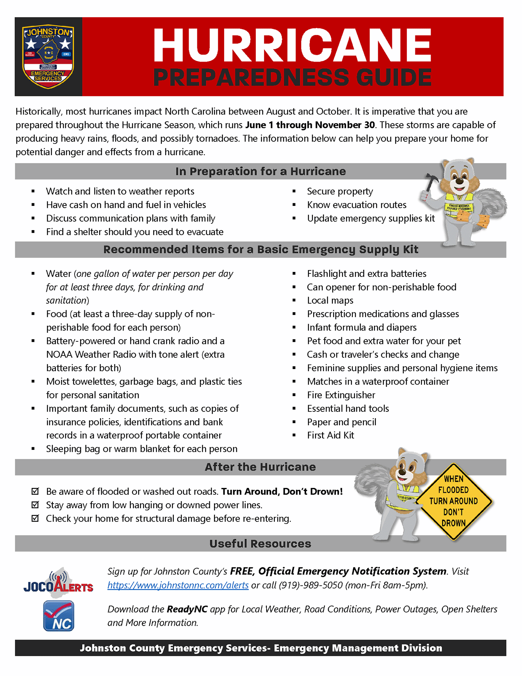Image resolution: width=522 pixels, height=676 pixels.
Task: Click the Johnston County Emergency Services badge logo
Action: point(48,57)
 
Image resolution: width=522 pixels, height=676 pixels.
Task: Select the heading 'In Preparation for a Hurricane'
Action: point(261,171)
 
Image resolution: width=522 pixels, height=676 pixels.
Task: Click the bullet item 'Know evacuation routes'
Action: point(356,205)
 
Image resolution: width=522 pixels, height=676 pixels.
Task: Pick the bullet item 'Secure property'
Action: point(340,191)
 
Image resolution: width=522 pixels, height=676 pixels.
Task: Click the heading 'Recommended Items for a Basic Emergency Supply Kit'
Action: point(261,250)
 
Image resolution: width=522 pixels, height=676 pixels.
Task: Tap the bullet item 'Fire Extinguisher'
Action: point(341,395)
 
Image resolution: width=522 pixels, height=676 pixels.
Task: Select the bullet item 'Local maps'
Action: point(330,300)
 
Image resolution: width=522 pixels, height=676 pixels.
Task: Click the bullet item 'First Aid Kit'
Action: point(330,435)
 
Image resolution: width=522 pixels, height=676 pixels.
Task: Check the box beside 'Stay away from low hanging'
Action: point(35,505)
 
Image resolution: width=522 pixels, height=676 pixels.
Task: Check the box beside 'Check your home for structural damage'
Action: point(35,518)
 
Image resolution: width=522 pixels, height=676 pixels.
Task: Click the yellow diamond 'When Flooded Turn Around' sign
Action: point(453,501)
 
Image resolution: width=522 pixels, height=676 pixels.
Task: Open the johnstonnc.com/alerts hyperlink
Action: point(178,585)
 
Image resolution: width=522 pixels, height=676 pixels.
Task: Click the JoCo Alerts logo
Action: point(59,583)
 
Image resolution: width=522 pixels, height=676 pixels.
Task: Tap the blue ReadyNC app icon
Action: point(59,616)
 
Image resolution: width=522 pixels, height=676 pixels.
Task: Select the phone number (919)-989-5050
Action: point(311,585)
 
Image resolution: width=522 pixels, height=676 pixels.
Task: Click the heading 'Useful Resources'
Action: point(260,544)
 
